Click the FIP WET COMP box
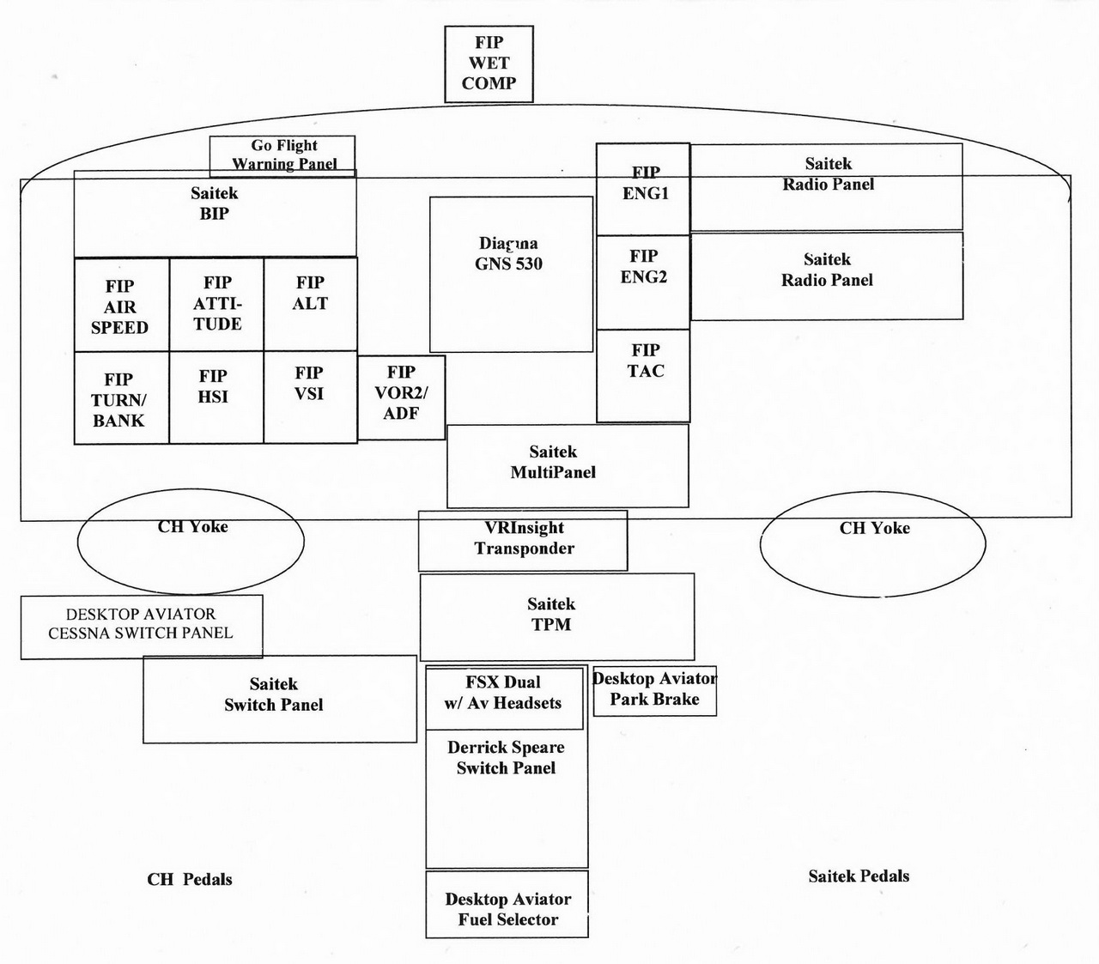click(x=489, y=64)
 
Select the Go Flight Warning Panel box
click(x=282, y=155)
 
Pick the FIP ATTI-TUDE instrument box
click(x=216, y=304)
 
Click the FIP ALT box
click(x=310, y=304)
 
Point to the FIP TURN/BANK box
click(x=121, y=398)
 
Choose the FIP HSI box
click(x=216, y=397)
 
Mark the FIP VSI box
click(x=310, y=397)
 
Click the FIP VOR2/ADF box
click(x=401, y=397)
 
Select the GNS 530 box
click(x=511, y=274)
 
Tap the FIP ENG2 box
click(x=643, y=282)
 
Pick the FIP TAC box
click(x=643, y=376)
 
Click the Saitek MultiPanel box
click(x=568, y=465)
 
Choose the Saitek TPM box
click(x=556, y=616)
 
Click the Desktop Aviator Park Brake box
click(x=654, y=691)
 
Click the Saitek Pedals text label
click(x=859, y=876)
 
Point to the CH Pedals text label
click(x=190, y=879)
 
